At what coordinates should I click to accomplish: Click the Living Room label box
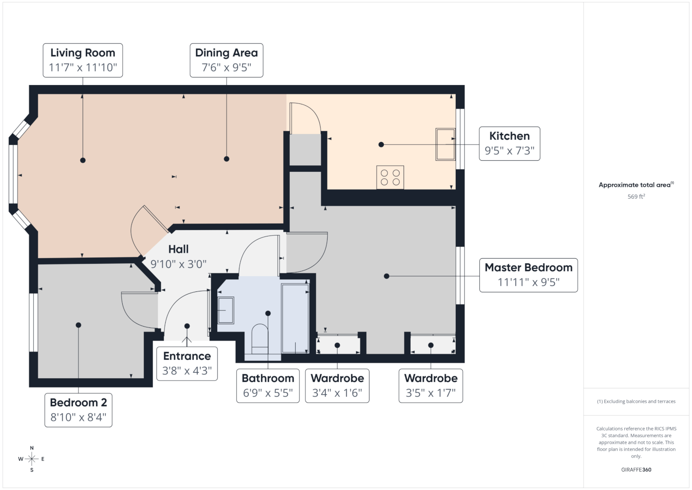coord(83,60)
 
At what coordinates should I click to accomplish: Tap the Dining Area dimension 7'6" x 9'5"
coord(227,67)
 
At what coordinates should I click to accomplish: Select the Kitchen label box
coord(509,144)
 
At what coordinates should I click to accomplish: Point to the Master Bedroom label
coord(528,275)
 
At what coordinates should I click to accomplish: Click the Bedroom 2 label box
coord(78,410)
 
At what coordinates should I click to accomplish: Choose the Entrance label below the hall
coord(187,363)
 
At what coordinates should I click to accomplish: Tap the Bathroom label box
coord(268,386)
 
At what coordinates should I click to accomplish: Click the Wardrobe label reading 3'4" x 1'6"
coord(337,386)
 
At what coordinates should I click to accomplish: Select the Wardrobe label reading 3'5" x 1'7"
coord(430,386)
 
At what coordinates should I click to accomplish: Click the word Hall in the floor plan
coord(179,249)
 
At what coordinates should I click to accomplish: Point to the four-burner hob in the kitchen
coord(390,177)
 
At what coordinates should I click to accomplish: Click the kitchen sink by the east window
coord(446,145)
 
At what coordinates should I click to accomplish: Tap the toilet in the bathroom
coord(260,339)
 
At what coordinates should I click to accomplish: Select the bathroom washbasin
coord(226,310)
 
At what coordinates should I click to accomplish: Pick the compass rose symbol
coord(32,459)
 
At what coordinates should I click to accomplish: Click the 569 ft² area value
coord(636,196)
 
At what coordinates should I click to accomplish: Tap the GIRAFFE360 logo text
coord(636,470)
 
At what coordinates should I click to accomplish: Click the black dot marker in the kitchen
coord(381,145)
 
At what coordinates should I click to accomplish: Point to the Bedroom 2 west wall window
coord(33,322)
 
